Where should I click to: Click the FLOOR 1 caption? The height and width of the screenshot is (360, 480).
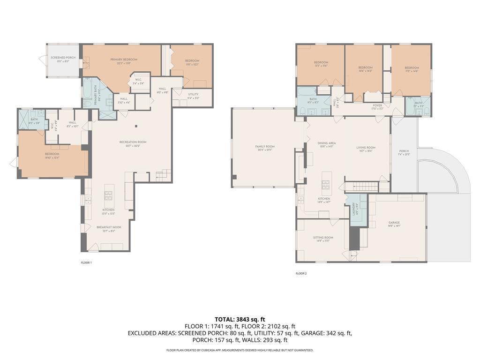coord(86,262)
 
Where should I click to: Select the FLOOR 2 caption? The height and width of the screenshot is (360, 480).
coord(301,273)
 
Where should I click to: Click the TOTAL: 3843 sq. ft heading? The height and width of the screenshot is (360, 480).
coord(240,319)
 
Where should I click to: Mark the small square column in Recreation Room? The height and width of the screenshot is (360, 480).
coord(136,126)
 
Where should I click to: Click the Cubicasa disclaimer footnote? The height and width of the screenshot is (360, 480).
coord(240,350)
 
